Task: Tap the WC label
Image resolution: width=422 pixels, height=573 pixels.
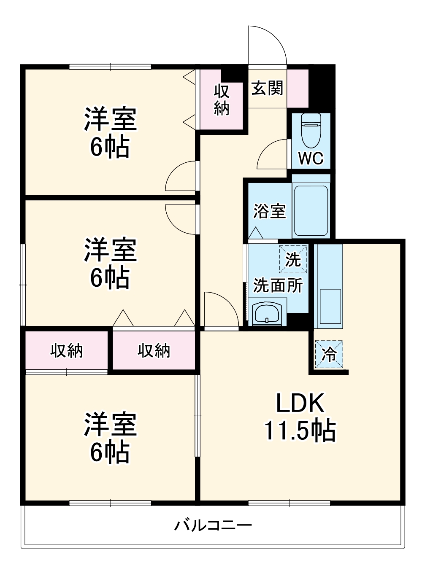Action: (311, 159)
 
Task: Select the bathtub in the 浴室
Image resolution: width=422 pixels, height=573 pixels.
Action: (311, 209)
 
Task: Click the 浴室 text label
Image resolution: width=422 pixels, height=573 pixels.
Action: (270, 211)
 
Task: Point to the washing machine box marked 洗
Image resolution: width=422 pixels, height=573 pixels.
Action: (292, 259)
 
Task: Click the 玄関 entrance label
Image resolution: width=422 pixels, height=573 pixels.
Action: (267, 89)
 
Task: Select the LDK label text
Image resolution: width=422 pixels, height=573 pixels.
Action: (300, 403)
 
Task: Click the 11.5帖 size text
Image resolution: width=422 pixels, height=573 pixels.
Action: (300, 431)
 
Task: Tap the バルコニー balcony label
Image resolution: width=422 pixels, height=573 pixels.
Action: (213, 525)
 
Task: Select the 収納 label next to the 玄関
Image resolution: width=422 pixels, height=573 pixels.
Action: (222, 100)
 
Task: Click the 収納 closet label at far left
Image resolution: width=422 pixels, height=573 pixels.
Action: (67, 350)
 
